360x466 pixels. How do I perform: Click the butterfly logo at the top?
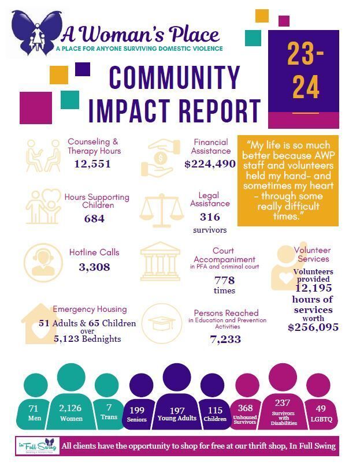[36, 33]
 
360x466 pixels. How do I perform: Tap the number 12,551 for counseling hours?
[92, 164]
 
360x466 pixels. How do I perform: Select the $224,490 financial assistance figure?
[210, 164]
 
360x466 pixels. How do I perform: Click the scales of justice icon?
[162, 210]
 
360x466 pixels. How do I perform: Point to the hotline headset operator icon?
[43, 263]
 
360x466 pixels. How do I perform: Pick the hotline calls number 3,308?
[94, 267]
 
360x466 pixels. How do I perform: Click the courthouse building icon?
[161, 261]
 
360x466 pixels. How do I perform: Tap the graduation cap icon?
[162, 323]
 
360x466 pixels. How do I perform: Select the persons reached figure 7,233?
[225, 339]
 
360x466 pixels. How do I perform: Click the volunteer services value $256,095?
[313, 327]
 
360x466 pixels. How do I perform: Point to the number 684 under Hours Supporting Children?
[94, 219]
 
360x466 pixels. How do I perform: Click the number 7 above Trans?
[109, 407]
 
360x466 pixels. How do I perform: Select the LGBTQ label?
[321, 419]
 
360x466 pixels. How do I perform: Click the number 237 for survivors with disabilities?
[283, 402]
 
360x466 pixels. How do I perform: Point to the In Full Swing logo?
[38, 446]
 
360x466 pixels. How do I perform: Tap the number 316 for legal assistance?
[210, 217]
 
